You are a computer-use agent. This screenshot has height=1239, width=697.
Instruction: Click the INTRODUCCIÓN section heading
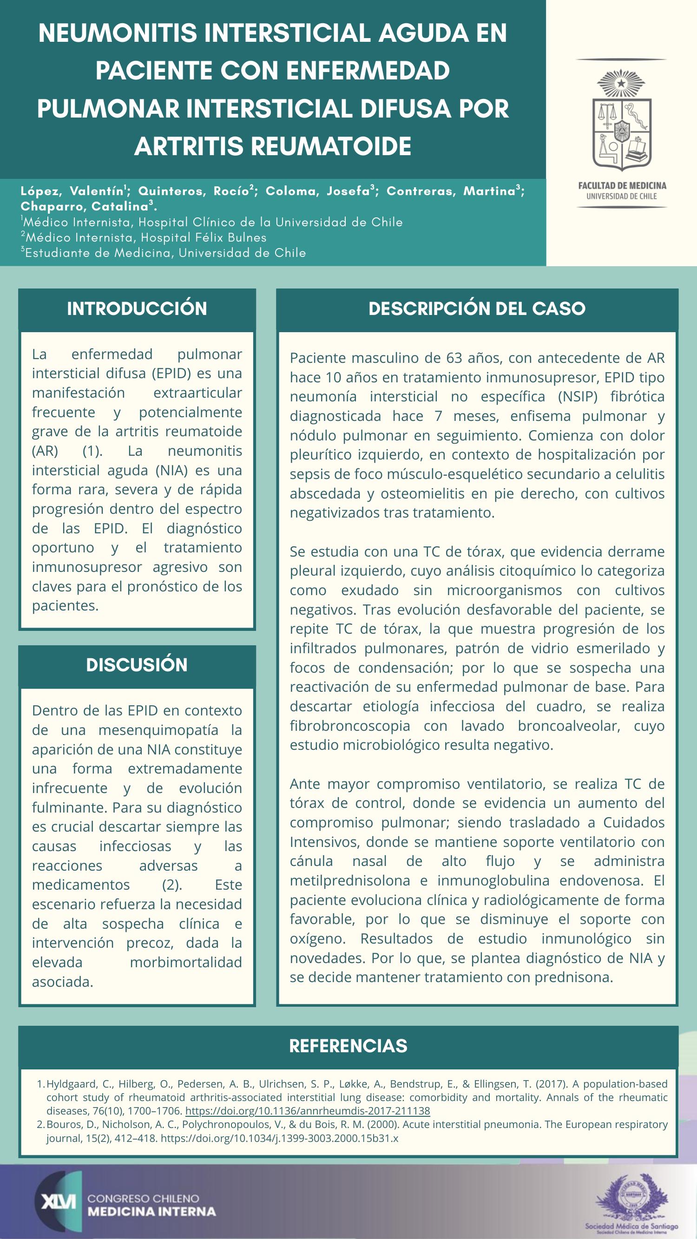137,309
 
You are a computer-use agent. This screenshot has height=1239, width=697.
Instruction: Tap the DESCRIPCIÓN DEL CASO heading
477,309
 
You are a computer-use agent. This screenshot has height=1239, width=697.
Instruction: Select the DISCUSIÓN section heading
137,665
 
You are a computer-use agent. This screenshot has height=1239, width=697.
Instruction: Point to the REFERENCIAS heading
348,1046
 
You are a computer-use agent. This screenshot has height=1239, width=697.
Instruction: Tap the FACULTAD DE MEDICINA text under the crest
622,186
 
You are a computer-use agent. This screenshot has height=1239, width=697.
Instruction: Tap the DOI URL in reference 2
279,1139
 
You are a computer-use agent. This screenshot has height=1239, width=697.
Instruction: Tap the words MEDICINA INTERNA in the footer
151,1211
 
